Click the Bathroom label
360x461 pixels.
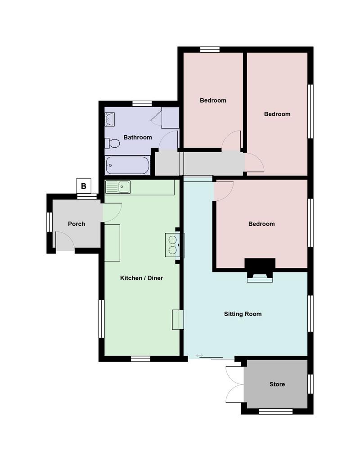tap(138, 137)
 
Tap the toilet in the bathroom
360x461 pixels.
tap(112, 144)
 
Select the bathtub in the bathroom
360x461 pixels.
tap(128, 165)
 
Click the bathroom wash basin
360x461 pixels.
tap(110, 119)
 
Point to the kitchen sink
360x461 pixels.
tap(118, 187)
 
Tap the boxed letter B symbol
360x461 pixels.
tap(83, 186)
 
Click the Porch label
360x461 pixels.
tap(76, 224)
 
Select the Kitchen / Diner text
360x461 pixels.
tap(141, 278)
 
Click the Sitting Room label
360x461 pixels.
tap(243, 314)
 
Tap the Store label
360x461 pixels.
tap(277, 384)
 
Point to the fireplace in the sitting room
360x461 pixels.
tap(260, 270)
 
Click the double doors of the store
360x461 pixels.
tap(234, 384)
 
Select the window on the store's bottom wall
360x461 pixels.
tap(276, 411)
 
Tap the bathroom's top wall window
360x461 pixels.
tap(142, 104)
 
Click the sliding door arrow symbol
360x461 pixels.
tap(199, 356)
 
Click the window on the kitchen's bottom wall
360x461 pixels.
tap(140, 359)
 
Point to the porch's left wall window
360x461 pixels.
tap(49, 222)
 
